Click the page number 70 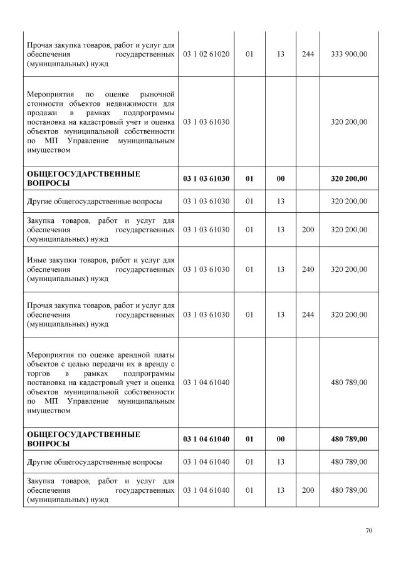point(369,530)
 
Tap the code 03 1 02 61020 point(206,54)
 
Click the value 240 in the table point(308,269)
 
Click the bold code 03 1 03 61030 point(206,178)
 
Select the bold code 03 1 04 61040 point(206,439)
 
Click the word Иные point(36,260)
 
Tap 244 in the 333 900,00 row point(308,54)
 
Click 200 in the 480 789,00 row point(308,490)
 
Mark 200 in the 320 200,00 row point(308,230)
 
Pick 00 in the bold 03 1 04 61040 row point(280,439)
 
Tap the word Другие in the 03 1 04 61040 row point(41,462)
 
